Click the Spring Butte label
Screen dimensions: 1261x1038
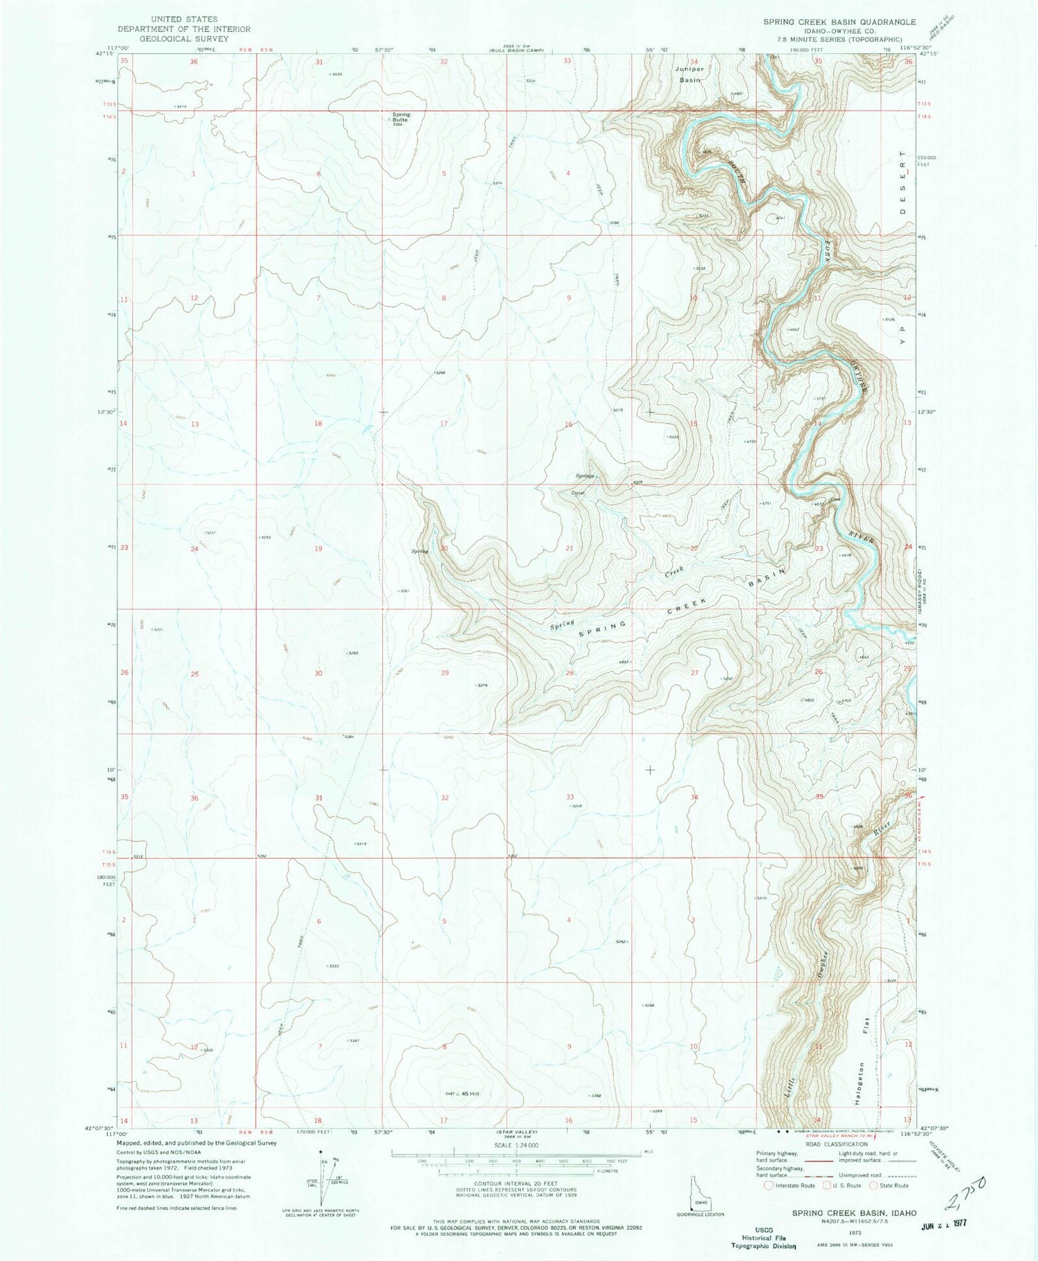click(401, 118)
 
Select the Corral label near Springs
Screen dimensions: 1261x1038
click(579, 493)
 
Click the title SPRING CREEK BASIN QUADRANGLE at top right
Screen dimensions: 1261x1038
click(830, 22)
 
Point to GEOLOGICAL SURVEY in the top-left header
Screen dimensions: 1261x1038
click(183, 39)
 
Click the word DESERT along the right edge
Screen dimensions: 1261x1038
click(902, 192)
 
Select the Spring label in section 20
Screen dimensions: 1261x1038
click(420, 551)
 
